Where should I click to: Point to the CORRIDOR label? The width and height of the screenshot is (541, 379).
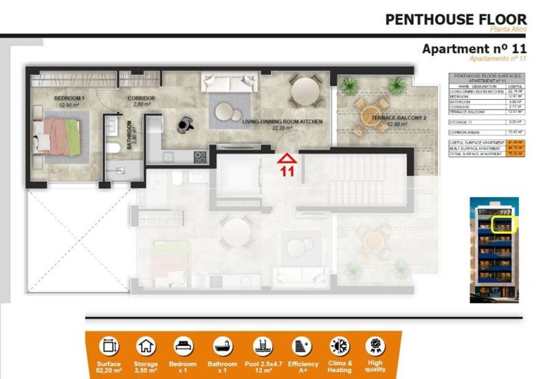(x=142, y=100)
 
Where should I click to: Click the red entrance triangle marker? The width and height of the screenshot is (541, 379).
(x=286, y=159)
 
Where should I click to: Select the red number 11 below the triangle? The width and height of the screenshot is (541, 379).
(x=286, y=173)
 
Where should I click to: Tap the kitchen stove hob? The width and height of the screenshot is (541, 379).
(x=200, y=157)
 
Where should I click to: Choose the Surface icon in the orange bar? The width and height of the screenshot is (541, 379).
(x=109, y=346)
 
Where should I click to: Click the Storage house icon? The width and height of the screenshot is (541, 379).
(x=146, y=346)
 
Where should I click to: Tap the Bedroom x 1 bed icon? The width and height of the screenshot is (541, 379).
(x=183, y=346)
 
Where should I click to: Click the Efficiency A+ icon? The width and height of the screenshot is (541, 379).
(x=301, y=346)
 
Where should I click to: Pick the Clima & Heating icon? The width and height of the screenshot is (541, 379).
(x=338, y=346)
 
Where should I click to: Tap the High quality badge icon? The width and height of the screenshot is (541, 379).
(x=375, y=346)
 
